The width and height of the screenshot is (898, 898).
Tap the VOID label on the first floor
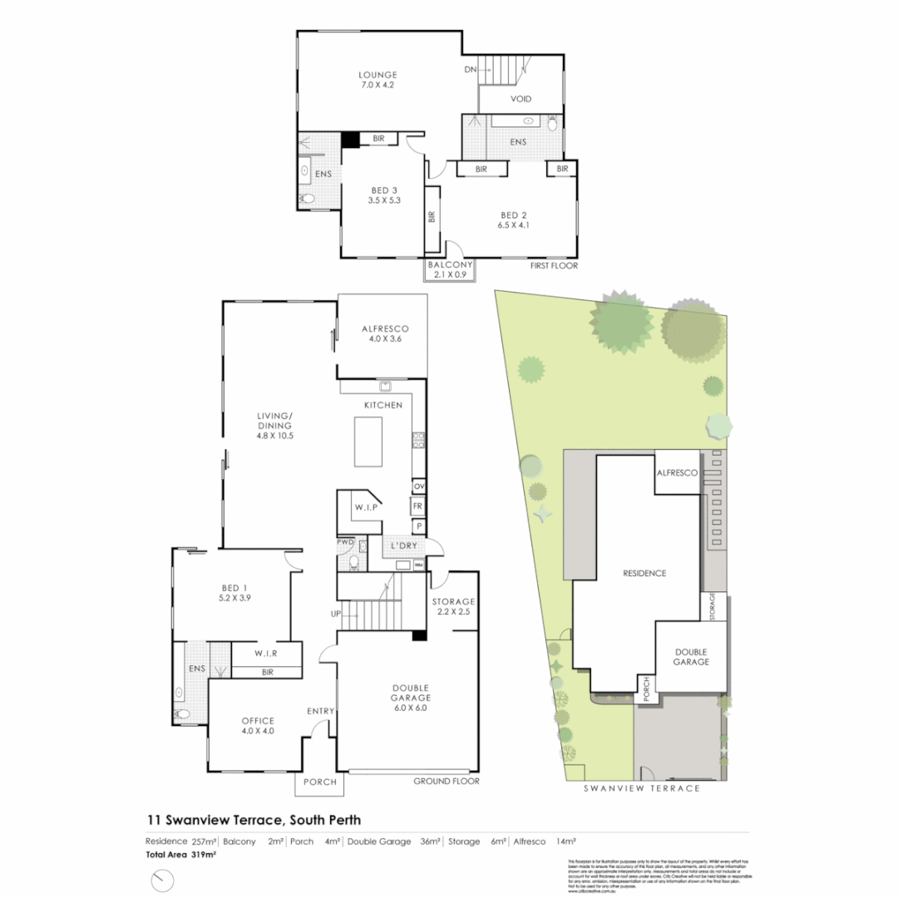click(521, 99)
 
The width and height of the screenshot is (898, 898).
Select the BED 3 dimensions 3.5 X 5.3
click(383, 200)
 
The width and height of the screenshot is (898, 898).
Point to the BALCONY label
click(449, 265)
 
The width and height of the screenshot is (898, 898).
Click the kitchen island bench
click(370, 442)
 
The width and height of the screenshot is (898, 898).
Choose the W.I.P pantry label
click(366, 507)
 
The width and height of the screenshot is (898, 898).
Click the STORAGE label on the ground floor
click(453, 601)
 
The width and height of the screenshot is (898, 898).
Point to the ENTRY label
click(320, 711)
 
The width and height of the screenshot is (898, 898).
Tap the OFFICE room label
click(257, 720)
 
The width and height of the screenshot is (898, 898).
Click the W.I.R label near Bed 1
click(266, 653)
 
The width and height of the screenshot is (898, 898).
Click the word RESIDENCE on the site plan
click(644, 573)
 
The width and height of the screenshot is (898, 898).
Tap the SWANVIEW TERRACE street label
click(640, 787)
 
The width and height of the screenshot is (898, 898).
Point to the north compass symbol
click(162, 880)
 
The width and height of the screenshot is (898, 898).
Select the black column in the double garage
click(419, 636)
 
